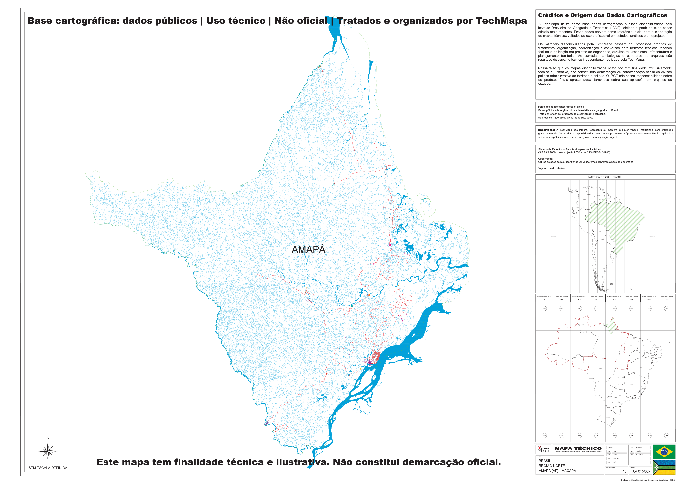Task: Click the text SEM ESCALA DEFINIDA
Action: pyautogui.click(x=48, y=468)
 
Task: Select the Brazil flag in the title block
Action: pyautogui.click(x=664, y=452)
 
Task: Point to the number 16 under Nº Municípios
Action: pyautogui.click(x=624, y=471)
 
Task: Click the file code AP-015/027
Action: pyautogui.click(x=641, y=471)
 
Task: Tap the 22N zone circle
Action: pyautogui.click(x=614, y=309)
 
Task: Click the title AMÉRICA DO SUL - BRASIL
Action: pyautogui.click(x=605, y=177)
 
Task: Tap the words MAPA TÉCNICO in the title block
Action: pyautogui.click(x=578, y=448)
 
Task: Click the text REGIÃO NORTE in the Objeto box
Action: pyautogui.click(x=552, y=466)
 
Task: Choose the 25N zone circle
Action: pyautogui.click(x=667, y=309)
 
